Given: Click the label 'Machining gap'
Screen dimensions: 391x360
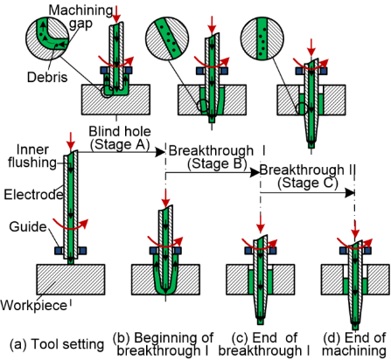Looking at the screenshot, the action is (80, 17).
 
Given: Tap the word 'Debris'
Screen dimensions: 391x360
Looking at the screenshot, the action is (47, 77).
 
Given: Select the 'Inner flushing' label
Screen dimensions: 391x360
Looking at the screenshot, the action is (32, 156).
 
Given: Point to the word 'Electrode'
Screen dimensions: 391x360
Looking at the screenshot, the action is (33, 194).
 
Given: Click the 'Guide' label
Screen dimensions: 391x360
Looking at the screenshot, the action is (28, 226).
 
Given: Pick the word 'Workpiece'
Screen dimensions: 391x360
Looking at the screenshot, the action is (33, 306).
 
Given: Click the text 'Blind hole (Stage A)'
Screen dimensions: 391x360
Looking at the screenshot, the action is (120, 138).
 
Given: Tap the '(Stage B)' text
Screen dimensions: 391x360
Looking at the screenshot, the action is (217, 163).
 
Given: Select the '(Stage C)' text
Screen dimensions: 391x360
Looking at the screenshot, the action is (308, 183).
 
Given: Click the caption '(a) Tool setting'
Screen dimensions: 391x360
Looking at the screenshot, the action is (57, 344).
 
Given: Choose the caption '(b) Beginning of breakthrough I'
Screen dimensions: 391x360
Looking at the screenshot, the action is (164, 344).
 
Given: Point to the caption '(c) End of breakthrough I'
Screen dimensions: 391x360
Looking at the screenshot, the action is (264, 344).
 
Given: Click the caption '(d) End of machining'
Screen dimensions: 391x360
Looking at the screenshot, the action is (354, 344).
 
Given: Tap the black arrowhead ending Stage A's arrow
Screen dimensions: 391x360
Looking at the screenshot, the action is (160, 152).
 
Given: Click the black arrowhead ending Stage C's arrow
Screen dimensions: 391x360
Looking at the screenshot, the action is (350, 192).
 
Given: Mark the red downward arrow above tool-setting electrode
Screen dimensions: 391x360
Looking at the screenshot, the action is (71, 141).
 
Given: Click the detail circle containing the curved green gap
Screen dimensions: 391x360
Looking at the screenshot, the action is (47, 37).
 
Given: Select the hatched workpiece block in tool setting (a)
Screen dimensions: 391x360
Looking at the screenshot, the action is (71, 280).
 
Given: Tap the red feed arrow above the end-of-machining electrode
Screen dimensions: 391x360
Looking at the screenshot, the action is (355, 229).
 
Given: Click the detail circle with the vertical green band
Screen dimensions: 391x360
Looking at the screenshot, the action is (262, 38).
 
